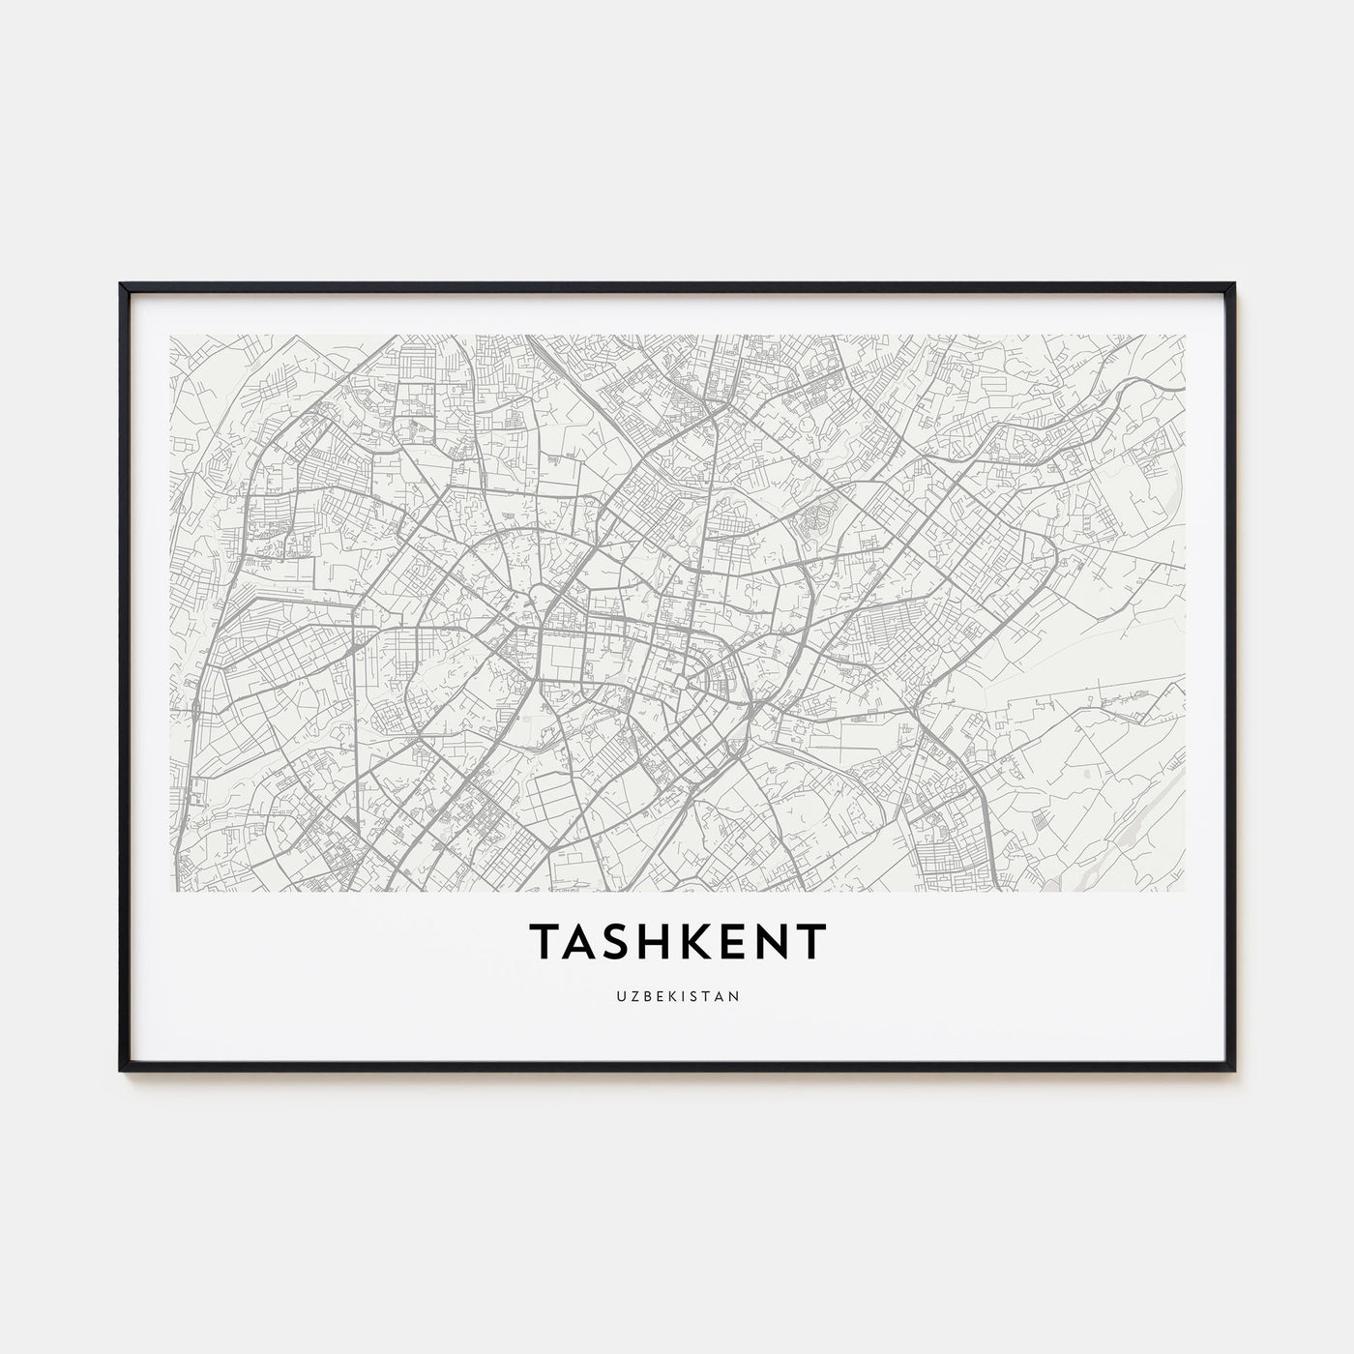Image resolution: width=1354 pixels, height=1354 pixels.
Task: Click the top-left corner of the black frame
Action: pos(121,284)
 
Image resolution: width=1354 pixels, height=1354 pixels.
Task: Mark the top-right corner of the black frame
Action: pos(1233,284)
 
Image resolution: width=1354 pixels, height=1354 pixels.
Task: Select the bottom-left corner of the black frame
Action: pos(121,1070)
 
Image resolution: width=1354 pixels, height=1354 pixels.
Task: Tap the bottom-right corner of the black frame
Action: pos(1233,1070)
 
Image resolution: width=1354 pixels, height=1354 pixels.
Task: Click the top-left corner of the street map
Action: pos(169,336)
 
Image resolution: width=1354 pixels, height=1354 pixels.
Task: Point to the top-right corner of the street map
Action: pos(1185,336)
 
